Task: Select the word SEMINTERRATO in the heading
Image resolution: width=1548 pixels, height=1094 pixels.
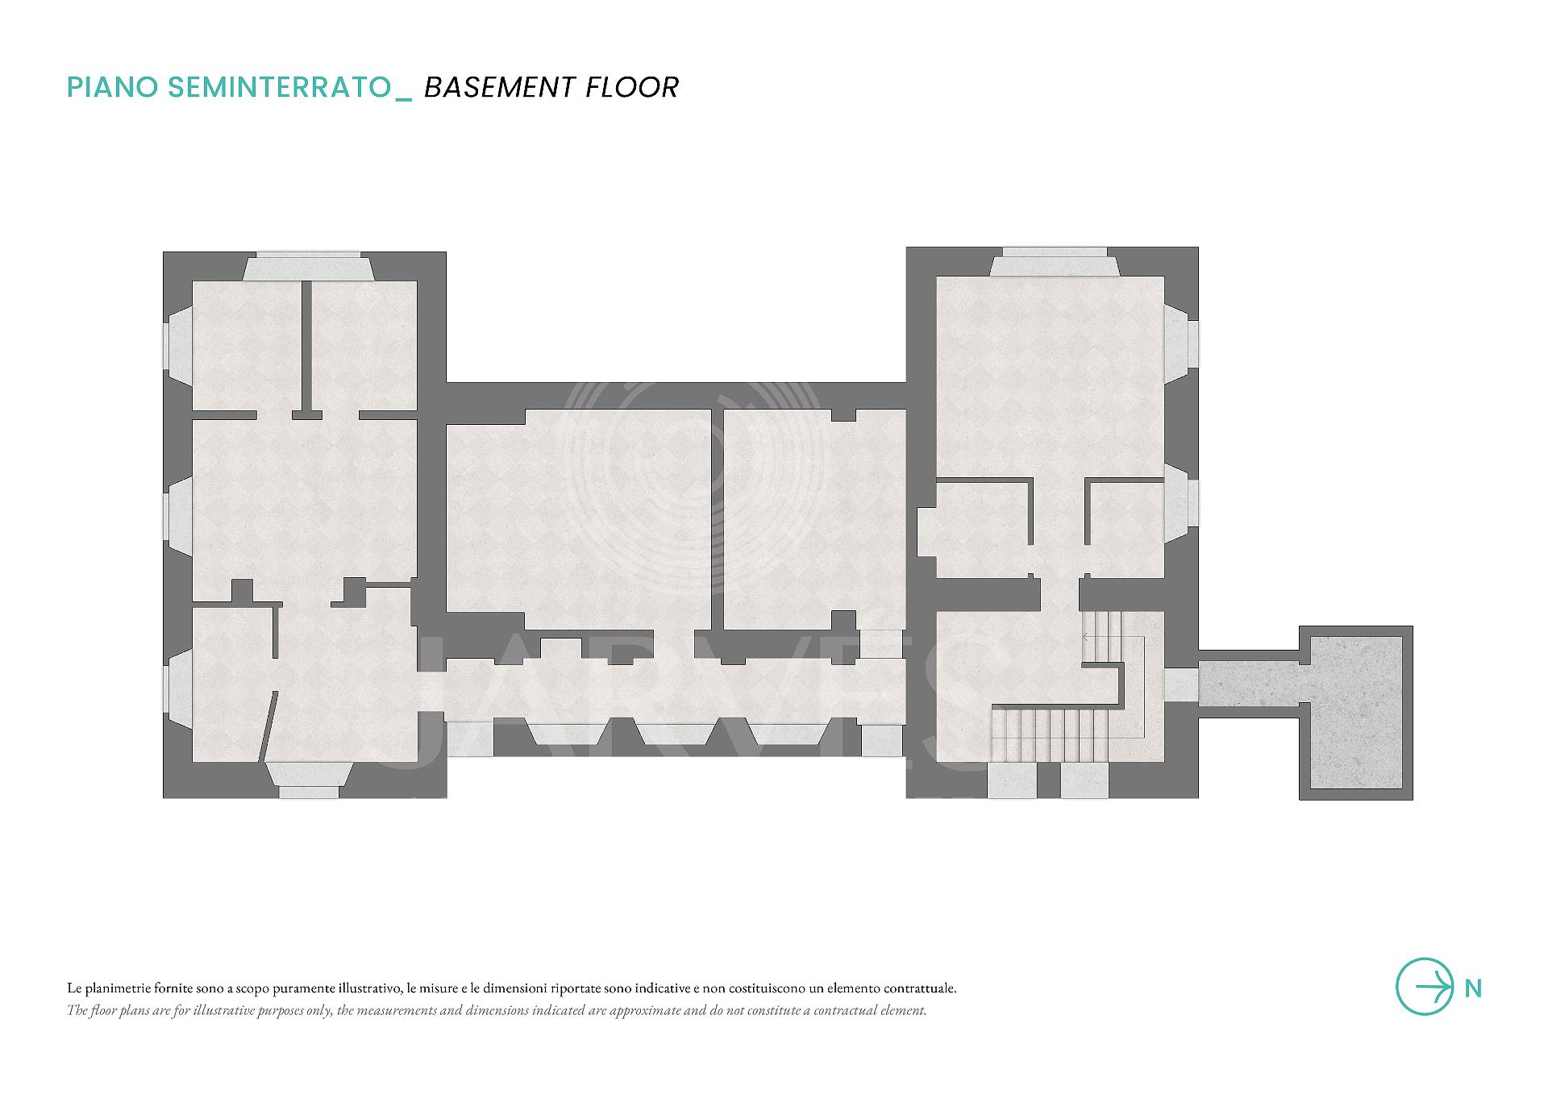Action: (x=280, y=87)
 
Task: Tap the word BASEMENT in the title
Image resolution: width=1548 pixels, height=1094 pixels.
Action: (x=500, y=87)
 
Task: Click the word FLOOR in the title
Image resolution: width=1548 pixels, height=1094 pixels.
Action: (x=632, y=87)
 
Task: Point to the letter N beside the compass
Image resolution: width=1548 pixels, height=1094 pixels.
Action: (x=1473, y=988)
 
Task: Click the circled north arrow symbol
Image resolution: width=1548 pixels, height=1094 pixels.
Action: (x=1425, y=986)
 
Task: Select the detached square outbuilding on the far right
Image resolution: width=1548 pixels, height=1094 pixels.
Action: (x=1356, y=713)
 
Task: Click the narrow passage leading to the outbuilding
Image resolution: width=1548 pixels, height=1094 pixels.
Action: (x=1248, y=684)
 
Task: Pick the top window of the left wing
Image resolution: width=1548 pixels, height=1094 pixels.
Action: (x=308, y=268)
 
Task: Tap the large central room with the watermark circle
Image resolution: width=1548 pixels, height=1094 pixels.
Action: (x=578, y=520)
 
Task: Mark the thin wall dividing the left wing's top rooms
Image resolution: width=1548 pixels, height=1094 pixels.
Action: (x=306, y=346)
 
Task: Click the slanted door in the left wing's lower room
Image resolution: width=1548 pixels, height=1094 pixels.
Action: (x=268, y=725)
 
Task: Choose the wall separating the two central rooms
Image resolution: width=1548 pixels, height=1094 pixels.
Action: (x=717, y=519)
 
